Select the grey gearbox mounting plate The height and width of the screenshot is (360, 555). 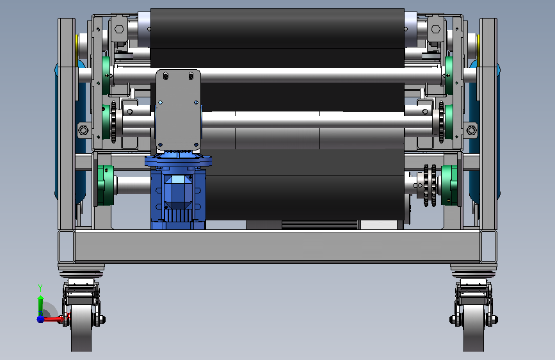(178, 110)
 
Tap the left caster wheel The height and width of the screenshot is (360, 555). (81, 328)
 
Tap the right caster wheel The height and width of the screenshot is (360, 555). (474, 328)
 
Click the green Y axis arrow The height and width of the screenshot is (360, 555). (40, 301)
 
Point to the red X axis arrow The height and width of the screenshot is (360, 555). (54, 319)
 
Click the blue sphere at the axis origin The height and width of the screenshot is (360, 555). (40, 319)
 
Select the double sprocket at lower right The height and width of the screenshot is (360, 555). (430, 185)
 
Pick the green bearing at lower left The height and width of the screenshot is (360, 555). (105, 185)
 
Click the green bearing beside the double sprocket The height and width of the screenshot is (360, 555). (449, 185)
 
